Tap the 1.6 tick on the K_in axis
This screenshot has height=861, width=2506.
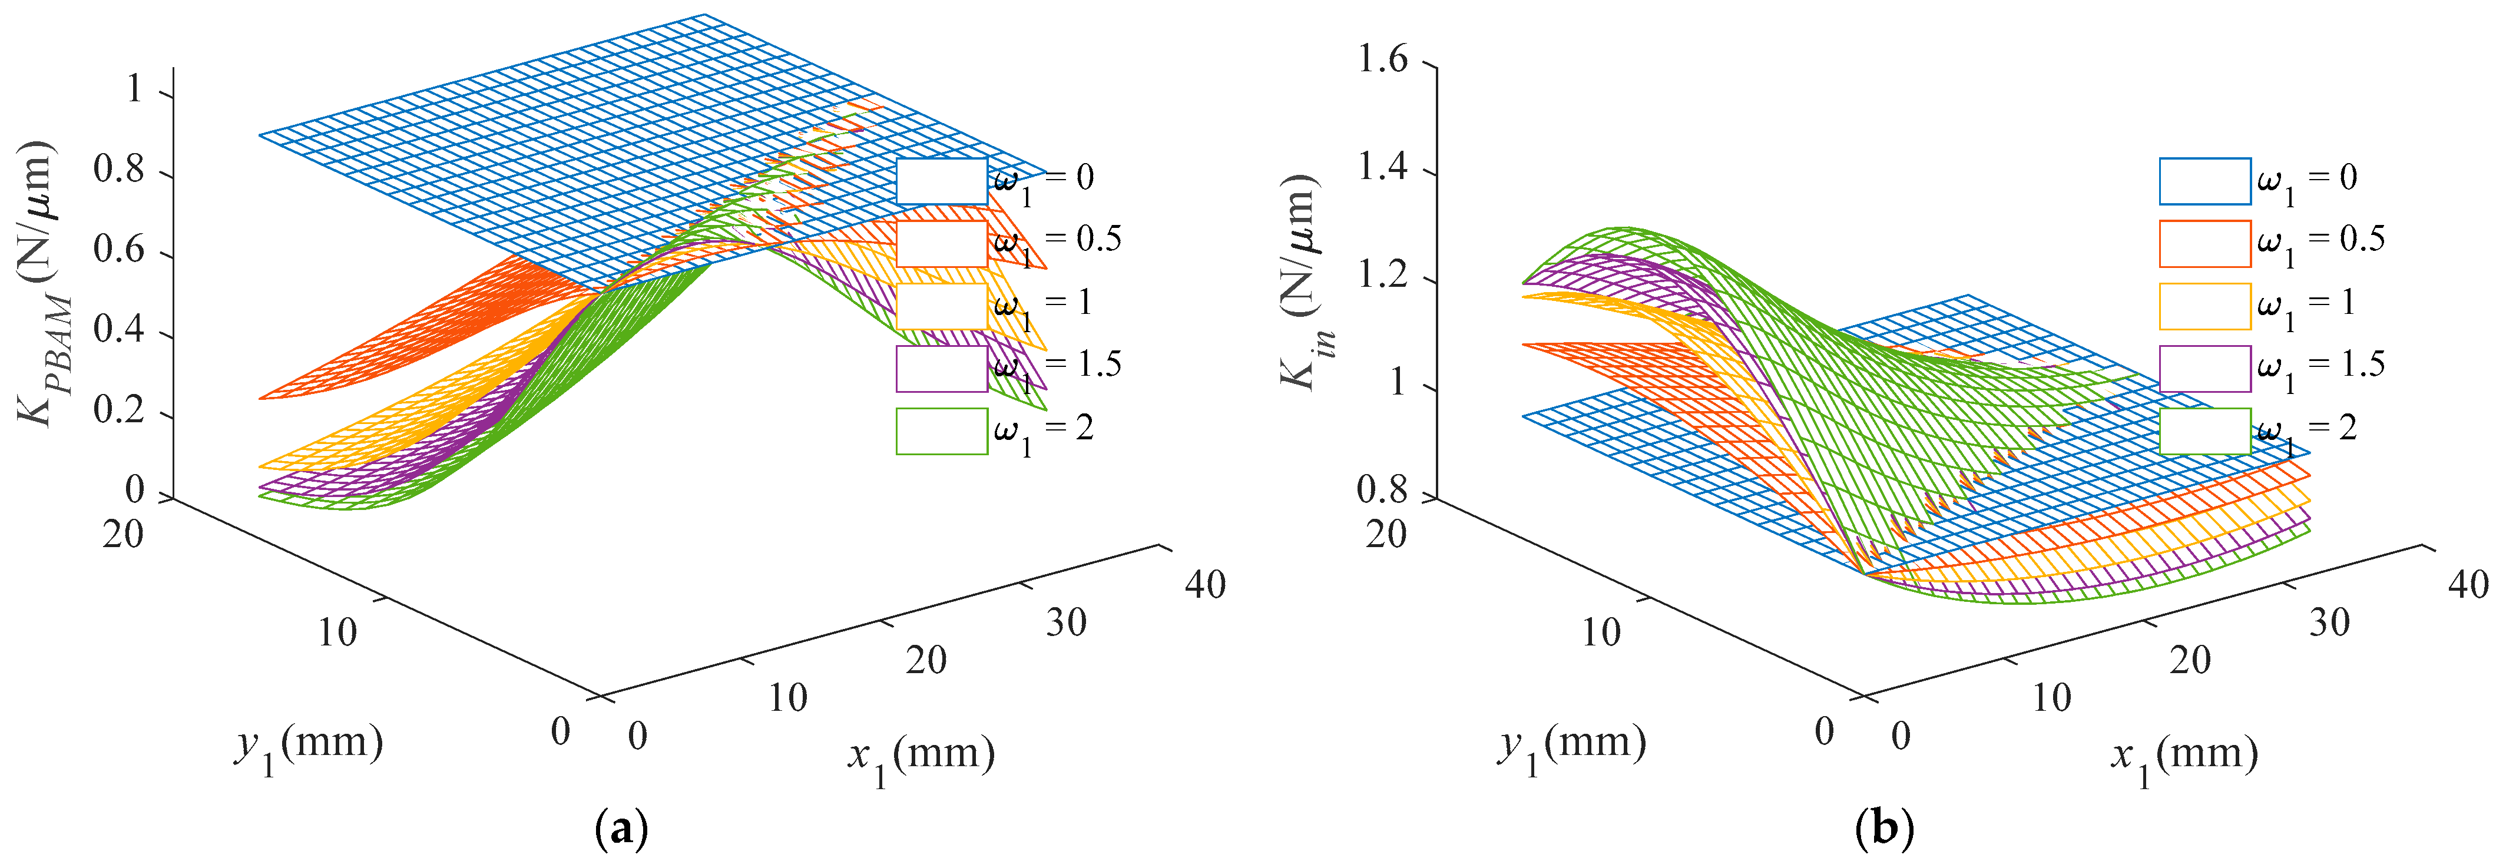(x=1382, y=60)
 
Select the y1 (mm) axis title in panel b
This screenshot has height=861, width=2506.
(x=1572, y=747)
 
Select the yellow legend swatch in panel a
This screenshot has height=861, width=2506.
(x=942, y=306)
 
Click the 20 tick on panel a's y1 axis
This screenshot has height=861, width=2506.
(x=123, y=534)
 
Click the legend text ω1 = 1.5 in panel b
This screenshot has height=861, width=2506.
(x=2321, y=367)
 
